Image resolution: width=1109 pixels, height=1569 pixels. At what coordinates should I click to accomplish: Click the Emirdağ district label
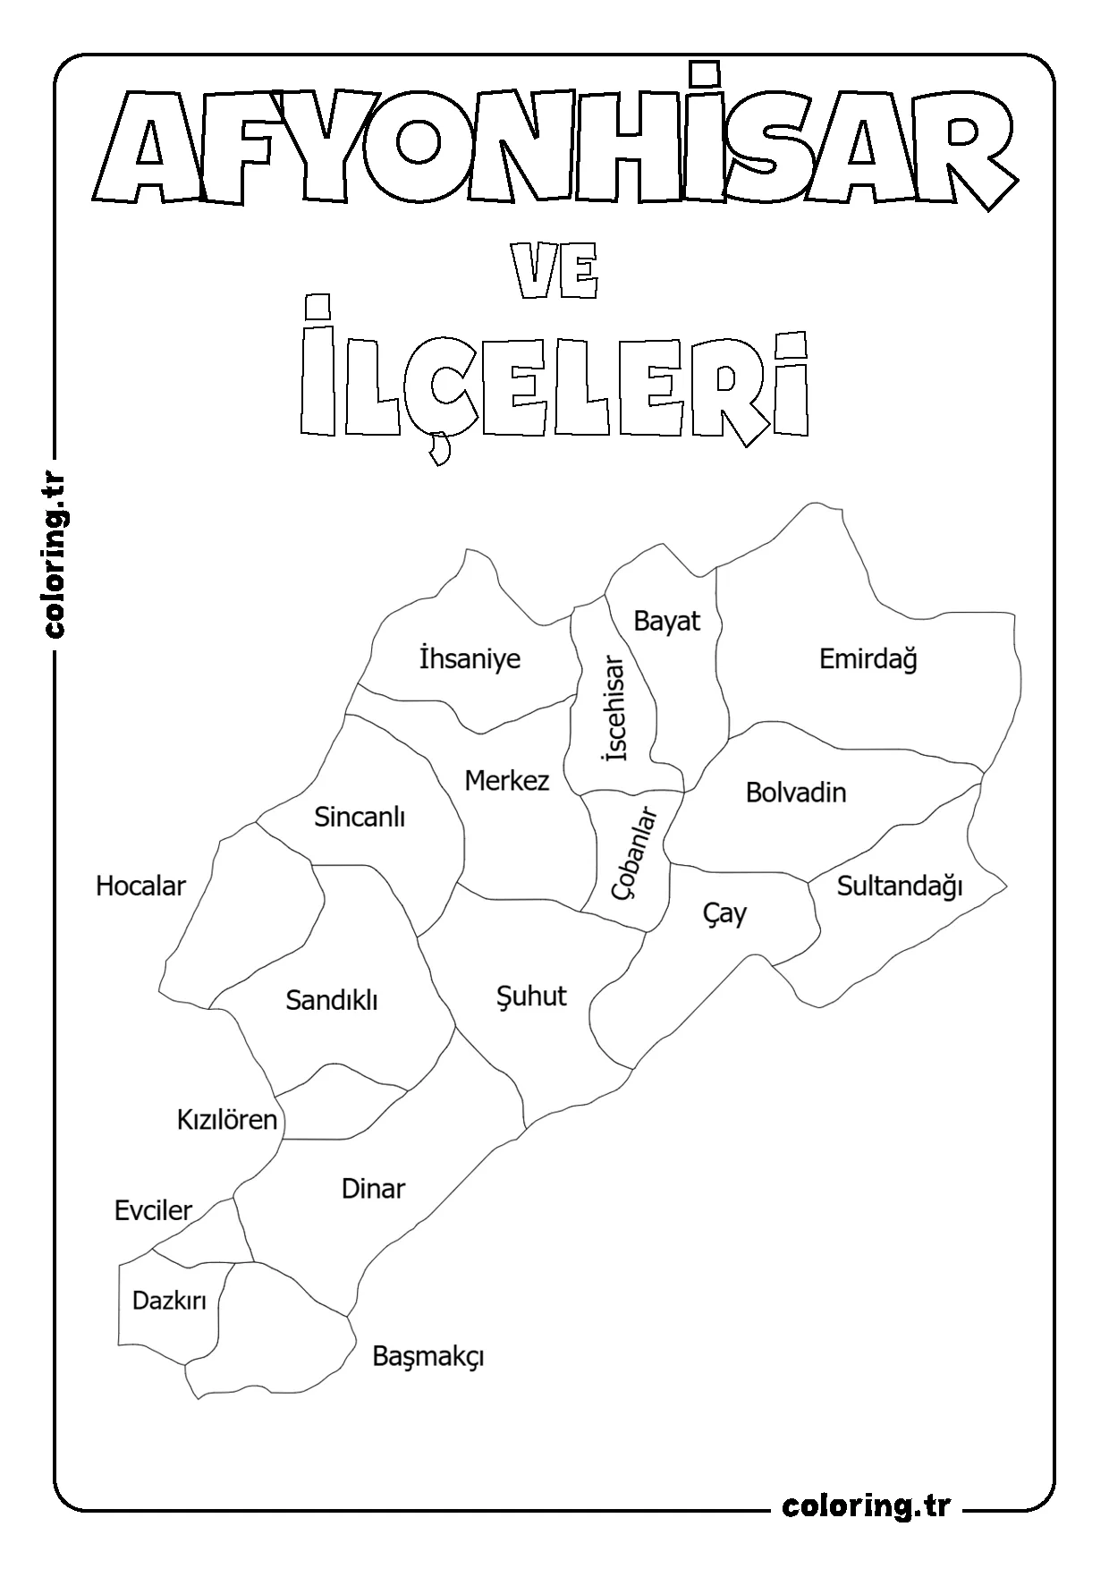pos(868,660)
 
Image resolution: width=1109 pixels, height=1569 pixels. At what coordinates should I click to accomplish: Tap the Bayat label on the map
pos(666,621)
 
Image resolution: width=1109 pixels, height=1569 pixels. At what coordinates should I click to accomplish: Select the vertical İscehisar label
pos(615,708)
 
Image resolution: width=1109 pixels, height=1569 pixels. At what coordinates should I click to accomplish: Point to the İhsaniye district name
pos(470,659)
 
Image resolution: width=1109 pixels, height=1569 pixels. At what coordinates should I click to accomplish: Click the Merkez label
pos(506,781)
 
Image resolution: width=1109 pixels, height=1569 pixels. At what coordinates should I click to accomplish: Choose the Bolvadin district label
pos(795,793)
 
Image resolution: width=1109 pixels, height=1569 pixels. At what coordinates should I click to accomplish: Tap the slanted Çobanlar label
pos(633,852)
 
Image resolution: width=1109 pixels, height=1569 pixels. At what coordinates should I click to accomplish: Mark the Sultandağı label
pos(899,886)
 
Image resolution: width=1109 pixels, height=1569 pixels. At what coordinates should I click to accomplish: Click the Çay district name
pos(724,913)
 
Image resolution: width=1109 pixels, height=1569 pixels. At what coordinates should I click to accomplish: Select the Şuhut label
pos(531,997)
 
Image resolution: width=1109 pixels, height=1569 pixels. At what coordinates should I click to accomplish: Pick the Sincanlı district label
pos(360,817)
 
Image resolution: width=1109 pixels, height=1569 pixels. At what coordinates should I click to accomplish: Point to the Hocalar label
pos(140,886)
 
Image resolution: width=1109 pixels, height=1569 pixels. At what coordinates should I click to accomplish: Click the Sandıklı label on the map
pos(332,1000)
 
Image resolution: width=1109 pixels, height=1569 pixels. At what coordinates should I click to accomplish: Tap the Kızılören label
pos(227,1120)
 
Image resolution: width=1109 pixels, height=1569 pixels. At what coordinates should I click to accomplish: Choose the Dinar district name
pos(373,1189)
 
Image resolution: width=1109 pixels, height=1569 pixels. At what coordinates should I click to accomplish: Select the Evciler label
pos(153,1211)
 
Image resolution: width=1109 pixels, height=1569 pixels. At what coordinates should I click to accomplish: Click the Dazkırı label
pos(169,1301)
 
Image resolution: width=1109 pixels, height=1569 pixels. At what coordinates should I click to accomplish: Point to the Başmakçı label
pos(428,1357)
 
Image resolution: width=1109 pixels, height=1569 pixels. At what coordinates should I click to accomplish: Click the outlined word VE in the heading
pos(554,275)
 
